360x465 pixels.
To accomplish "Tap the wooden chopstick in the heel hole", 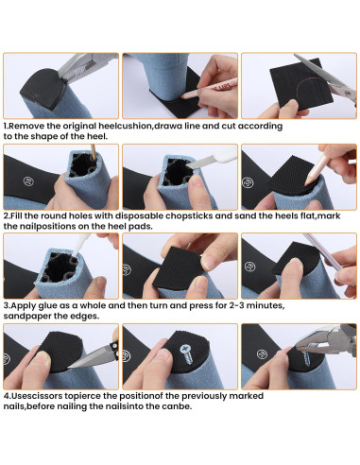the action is coord(94,152).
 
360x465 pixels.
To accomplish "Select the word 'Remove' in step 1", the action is coord(26,126).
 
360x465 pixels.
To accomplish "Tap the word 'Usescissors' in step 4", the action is coord(38,396).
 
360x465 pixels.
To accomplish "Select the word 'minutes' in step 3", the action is coord(265,305).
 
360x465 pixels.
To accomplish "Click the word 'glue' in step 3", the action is coord(48,306).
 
